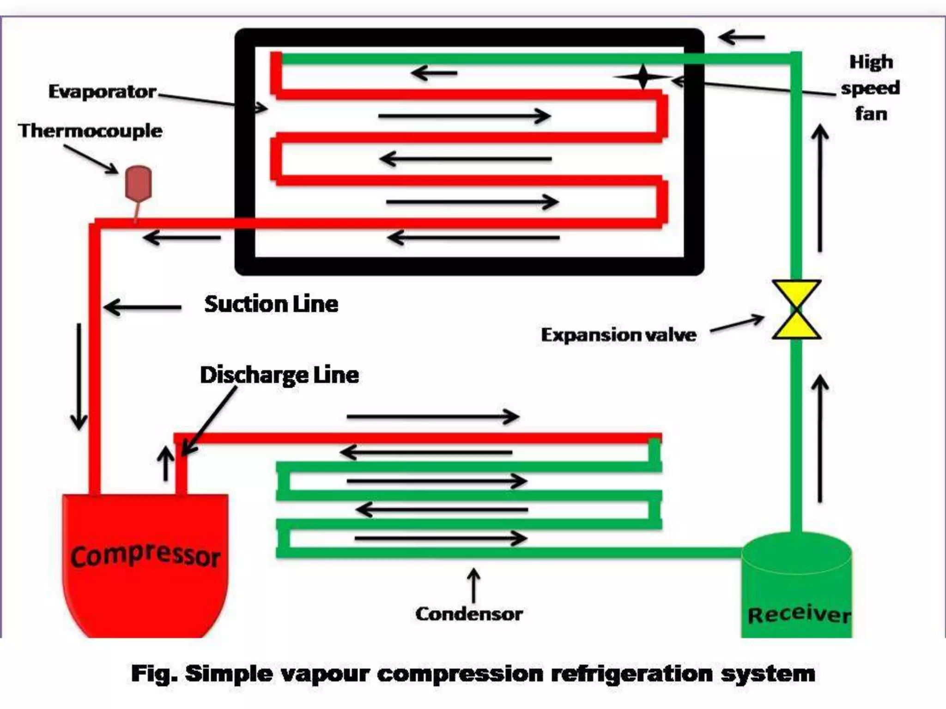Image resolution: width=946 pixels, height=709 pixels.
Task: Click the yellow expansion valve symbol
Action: pos(796,309)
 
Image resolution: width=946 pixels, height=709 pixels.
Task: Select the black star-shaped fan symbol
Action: pos(643,77)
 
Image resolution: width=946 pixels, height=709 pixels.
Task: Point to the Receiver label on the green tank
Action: pos(799,614)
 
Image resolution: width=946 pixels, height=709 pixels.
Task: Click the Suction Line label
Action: pos(271,304)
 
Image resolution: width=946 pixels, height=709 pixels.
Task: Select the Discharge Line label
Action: pos(279,375)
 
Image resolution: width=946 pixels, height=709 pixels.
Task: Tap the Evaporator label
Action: pos(102,91)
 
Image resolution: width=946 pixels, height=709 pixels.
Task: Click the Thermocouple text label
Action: pos(91,131)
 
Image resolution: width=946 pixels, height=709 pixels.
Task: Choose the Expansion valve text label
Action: pos(618,335)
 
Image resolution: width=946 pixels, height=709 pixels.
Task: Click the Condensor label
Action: pos(469,614)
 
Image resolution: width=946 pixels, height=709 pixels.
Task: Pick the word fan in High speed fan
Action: pos(871,114)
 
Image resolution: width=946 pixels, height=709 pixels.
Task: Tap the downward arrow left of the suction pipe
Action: pos(79,376)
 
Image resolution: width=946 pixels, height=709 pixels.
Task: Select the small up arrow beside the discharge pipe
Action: pos(165,463)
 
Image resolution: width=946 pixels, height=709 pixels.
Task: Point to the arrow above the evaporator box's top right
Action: pos(742,37)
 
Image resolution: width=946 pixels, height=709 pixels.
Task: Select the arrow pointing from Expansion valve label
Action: pos(737,324)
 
